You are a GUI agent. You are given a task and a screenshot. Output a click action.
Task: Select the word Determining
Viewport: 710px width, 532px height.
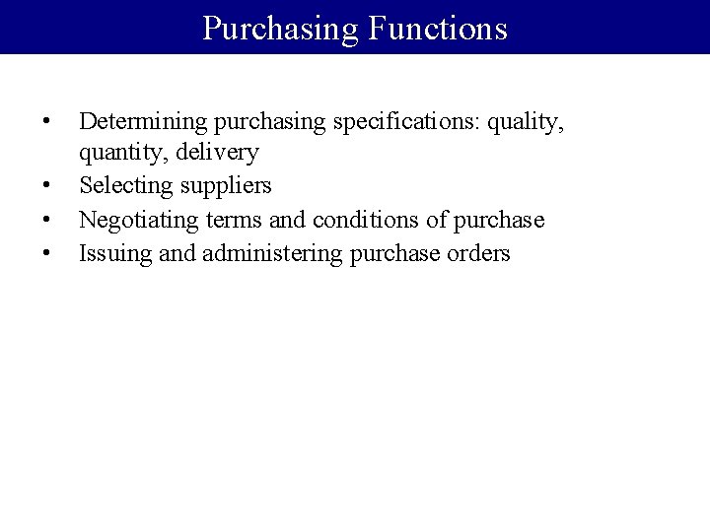pyautogui.click(x=138, y=121)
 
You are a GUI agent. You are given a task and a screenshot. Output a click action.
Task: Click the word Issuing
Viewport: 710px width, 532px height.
pyautogui.click(x=110, y=252)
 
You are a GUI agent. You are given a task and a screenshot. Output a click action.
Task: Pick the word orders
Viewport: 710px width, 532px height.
pyautogui.click(x=477, y=252)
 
